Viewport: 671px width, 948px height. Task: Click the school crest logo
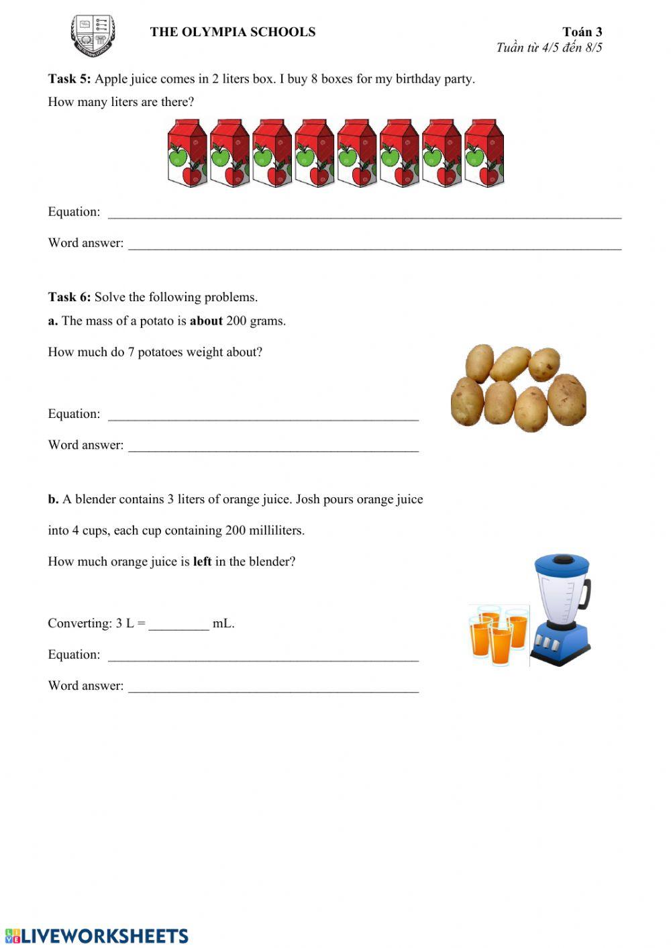pos(93,36)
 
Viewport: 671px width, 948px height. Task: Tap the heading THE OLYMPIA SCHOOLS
pos(232,32)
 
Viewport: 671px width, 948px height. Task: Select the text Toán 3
pos(582,32)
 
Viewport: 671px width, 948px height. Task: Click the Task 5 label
pos(69,79)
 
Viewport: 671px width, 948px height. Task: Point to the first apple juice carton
pos(187,153)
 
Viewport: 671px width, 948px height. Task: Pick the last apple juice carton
pos(484,153)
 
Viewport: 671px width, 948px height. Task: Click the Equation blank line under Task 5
pos(364,213)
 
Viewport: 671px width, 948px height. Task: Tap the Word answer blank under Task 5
pos(374,244)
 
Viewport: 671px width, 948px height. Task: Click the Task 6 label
pos(69,297)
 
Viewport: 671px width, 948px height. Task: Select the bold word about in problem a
pos(206,321)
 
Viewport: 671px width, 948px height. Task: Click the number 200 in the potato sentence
pos(236,321)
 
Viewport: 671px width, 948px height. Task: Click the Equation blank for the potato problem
pos(263,415)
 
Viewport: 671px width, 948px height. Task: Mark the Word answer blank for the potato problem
pos(273,446)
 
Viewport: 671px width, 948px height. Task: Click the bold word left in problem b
pos(202,562)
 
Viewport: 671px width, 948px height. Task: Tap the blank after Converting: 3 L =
pos(178,625)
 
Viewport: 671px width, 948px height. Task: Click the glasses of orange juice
pos(499,635)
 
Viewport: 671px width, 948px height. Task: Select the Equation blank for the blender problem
pos(263,656)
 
